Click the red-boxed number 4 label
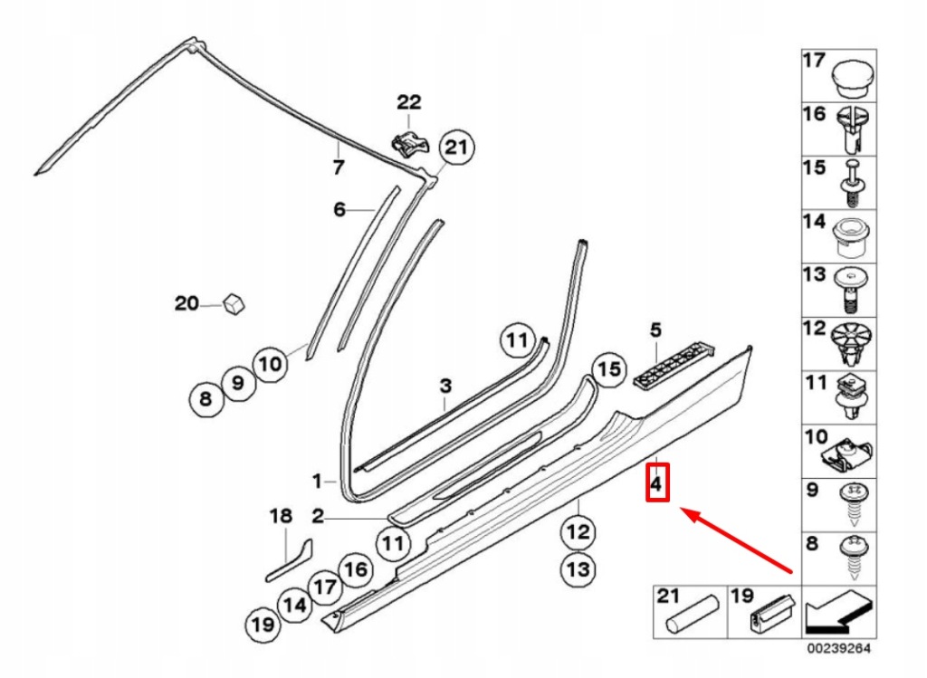tap(657, 482)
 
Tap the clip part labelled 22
tap(408, 141)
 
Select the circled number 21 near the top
tap(457, 148)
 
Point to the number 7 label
tap(338, 167)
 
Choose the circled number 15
tap(609, 369)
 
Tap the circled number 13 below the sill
tap(578, 568)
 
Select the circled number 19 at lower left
tap(263, 624)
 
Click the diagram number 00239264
tap(840, 649)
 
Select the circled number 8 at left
tap(205, 397)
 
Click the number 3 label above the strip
tap(445, 387)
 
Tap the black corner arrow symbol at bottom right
tap(838, 613)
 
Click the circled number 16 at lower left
tap(355, 569)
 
